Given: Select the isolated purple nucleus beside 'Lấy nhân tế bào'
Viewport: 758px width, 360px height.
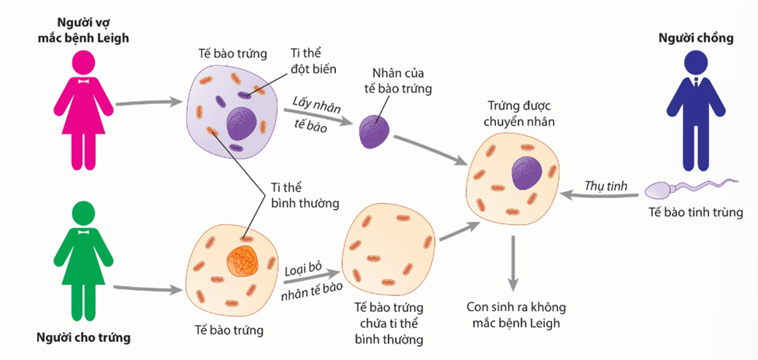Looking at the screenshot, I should coord(375,130).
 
